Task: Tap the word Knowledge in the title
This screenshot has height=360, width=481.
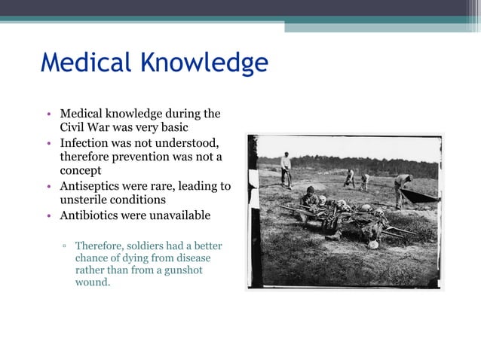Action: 205,64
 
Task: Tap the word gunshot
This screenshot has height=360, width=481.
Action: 183,270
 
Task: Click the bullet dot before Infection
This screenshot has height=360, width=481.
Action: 47,143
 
